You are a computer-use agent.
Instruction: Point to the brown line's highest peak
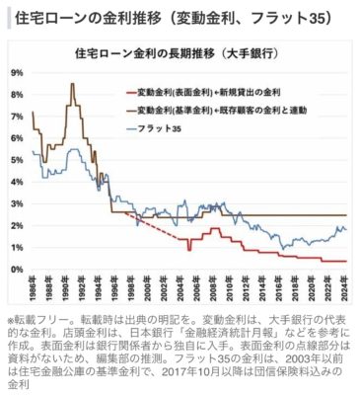point(73,84)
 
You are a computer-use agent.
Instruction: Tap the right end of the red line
point(346,261)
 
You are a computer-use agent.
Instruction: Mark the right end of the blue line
point(346,229)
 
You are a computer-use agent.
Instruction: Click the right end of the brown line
point(346,214)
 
